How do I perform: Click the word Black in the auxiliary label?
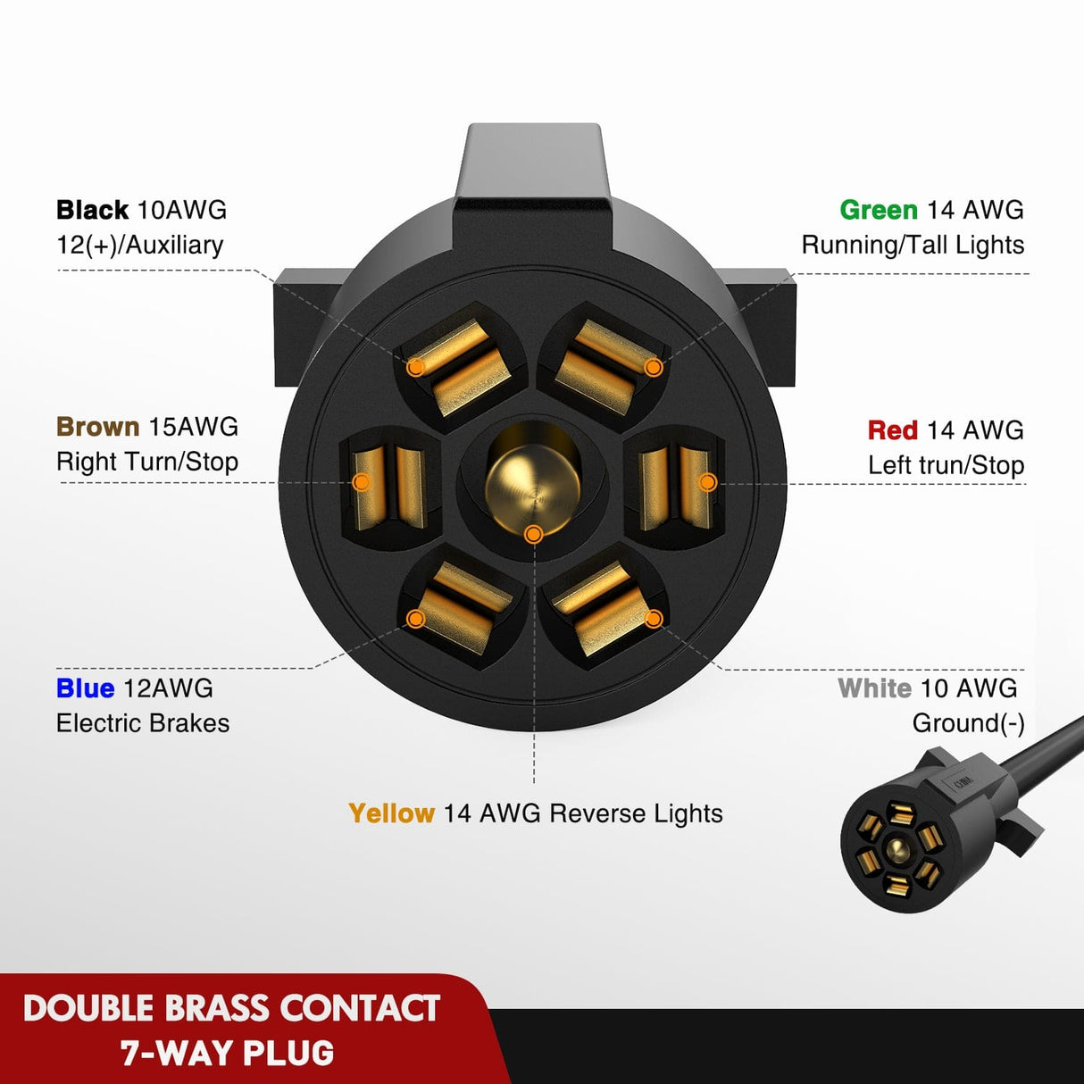(92, 210)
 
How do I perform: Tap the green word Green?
(878, 210)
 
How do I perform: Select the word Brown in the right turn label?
(97, 427)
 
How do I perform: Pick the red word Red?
(892, 430)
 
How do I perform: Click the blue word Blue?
(85, 688)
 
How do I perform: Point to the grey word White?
(874, 688)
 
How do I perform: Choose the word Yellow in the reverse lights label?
(391, 813)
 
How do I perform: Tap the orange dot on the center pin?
(533, 534)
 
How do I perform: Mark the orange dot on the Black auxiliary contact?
(415, 367)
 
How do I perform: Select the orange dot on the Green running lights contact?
(653, 367)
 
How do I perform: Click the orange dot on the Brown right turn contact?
(362, 482)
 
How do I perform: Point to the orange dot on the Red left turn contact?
(707, 482)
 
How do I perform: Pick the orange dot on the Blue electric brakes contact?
(415, 619)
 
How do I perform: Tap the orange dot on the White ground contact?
(653, 618)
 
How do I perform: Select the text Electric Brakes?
(143, 723)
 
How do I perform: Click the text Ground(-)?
(968, 723)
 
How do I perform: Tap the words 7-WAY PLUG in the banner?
(228, 1054)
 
